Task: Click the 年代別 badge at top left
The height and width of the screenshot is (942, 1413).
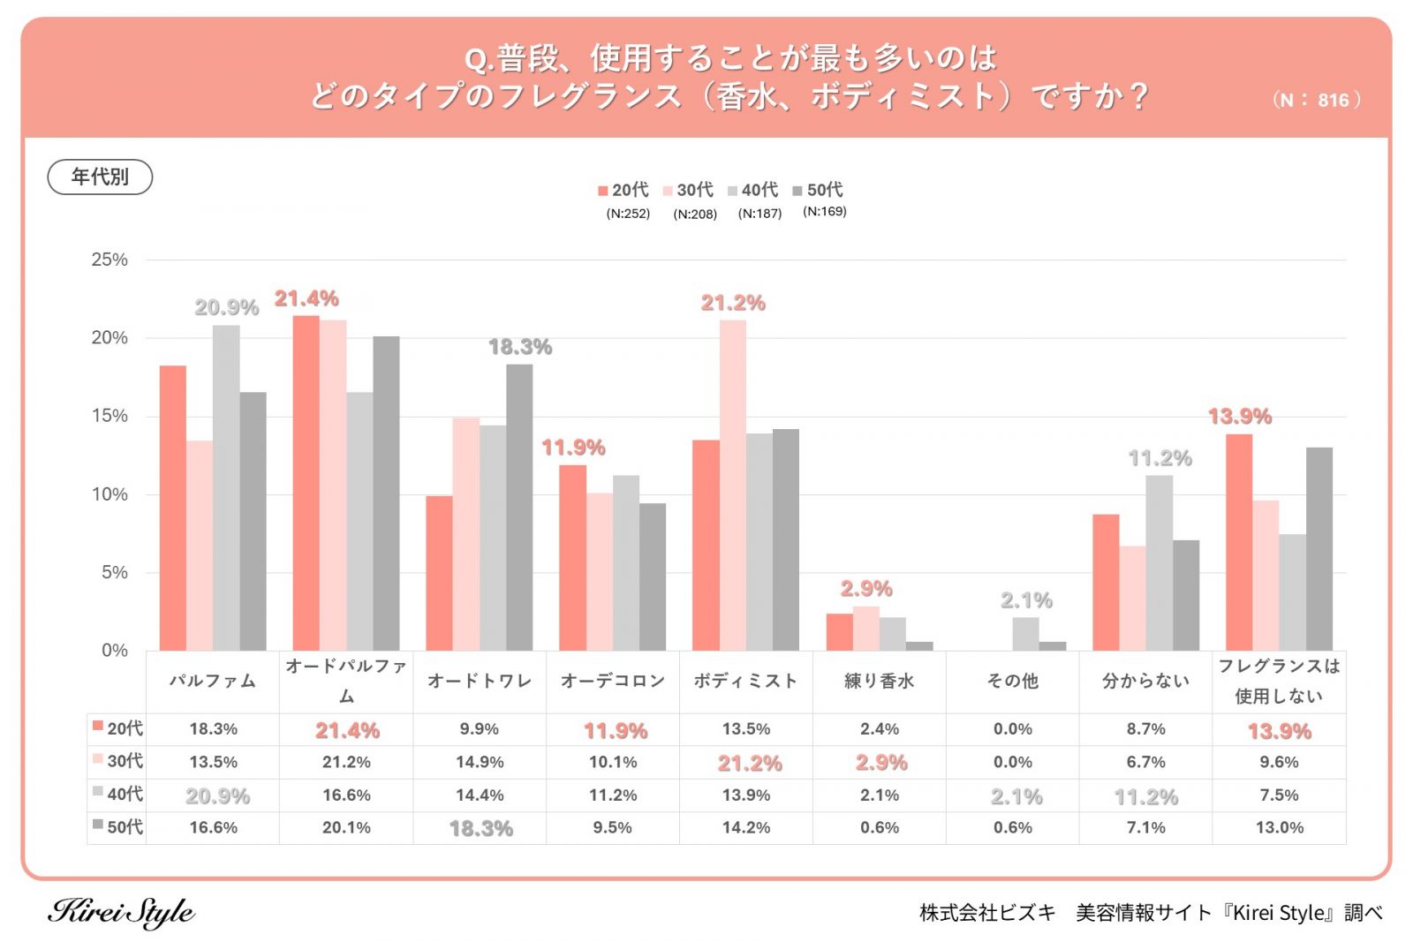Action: pyautogui.click(x=100, y=177)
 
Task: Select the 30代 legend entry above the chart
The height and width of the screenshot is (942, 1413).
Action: pyautogui.click(x=689, y=190)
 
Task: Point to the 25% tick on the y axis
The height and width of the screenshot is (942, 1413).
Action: pyautogui.click(x=110, y=260)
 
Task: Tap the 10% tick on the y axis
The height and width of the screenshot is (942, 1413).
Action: pyautogui.click(x=110, y=494)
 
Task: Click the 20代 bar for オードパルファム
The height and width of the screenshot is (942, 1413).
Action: pyautogui.click(x=306, y=483)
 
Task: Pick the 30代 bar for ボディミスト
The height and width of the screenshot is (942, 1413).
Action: pyautogui.click(x=732, y=486)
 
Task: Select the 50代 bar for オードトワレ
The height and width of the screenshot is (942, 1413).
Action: pyautogui.click(x=519, y=508)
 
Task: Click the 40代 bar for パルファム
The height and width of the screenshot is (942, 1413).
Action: pyautogui.click(x=226, y=487)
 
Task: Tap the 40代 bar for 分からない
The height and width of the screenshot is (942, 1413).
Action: pyautogui.click(x=1159, y=563)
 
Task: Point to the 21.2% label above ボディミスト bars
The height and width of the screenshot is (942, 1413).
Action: pyautogui.click(x=733, y=303)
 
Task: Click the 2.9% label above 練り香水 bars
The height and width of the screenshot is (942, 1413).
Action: pyautogui.click(x=866, y=588)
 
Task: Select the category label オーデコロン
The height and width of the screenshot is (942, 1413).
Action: pyautogui.click(x=613, y=681)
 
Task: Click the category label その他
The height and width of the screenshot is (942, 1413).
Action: pyautogui.click(x=1012, y=681)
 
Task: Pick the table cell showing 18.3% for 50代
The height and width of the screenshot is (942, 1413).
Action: pyautogui.click(x=480, y=828)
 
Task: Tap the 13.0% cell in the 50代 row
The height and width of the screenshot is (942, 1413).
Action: pyautogui.click(x=1279, y=827)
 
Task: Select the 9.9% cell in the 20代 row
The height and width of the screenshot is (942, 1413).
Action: pyautogui.click(x=480, y=729)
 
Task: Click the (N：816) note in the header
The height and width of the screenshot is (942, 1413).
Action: pyautogui.click(x=1316, y=100)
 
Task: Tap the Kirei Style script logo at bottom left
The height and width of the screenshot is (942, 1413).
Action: pyautogui.click(x=121, y=912)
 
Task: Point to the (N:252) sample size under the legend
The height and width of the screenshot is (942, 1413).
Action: pyautogui.click(x=628, y=214)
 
